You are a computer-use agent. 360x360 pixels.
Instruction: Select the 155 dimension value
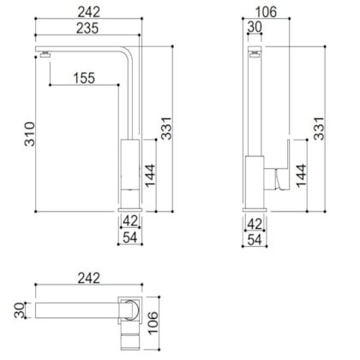83,78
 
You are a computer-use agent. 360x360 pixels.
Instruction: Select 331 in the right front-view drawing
319,129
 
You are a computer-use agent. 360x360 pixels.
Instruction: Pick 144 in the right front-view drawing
301,173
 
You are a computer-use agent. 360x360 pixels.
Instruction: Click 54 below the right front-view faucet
254,240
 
